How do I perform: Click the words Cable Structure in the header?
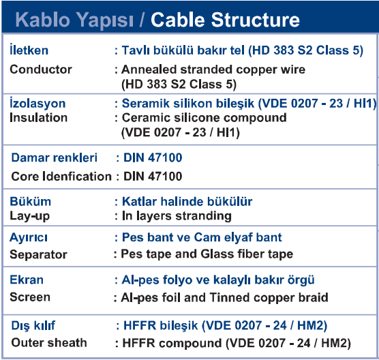click(x=225, y=20)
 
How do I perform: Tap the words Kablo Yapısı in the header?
click(x=74, y=20)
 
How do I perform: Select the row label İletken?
click(x=29, y=50)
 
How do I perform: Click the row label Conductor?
click(x=41, y=70)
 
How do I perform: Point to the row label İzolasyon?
click(x=37, y=103)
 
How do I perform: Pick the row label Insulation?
click(x=38, y=118)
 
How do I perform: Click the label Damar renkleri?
click(x=54, y=157)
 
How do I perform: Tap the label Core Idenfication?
click(x=61, y=177)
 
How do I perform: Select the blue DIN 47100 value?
click(x=153, y=157)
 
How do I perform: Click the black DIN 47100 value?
click(x=153, y=177)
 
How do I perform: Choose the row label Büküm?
click(x=31, y=201)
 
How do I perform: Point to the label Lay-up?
click(x=30, y=216)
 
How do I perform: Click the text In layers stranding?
click(x=177, y=216)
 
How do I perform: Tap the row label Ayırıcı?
click(x=29, y=237)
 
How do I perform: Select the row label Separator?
click(x=38, y=254)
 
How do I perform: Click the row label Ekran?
click(x=27, y=280)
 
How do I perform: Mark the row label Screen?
click(x=30, y=297)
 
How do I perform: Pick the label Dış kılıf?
click(x=33, y=325)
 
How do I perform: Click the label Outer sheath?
click(x=49, y=343)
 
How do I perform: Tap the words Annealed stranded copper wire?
click(x=213, y=70)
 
